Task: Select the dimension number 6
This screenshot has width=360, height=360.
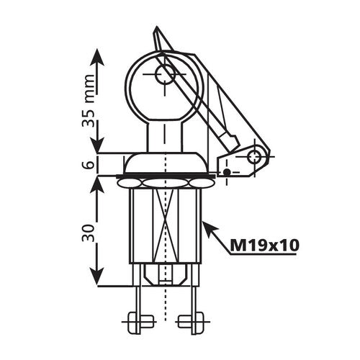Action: (89, 164)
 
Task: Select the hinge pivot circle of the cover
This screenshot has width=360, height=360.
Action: (253, 156)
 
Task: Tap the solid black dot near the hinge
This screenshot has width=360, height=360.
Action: (227, 172)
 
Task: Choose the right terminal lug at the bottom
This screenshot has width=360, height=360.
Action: (191, 322)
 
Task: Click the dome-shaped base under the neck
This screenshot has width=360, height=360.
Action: (166, 163)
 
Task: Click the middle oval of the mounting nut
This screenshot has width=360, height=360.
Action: (165, 184)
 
